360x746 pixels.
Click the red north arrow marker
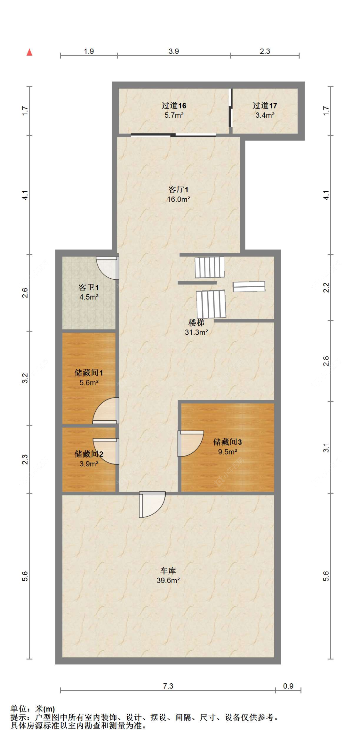pyautogui.click(x=29, y=52)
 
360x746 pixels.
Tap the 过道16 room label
pyautogui.click(x=173, y=105)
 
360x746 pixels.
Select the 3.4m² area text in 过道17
pyautogui.click(x=265, y=115)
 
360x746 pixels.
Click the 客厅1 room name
pyautogui.click(x=178, y=189)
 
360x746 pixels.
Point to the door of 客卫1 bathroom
pyautogui.click(x=108, y=268)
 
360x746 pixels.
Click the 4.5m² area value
pyautogui.click(x=89, y=297)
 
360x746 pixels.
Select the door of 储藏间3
pyautogui.click(x=190, y=443)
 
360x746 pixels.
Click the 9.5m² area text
pyautogui.click(x=228, y=452)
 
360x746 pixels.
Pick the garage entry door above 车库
pyautogui.click(x=152, y=504)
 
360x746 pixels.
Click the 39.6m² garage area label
pyautogui.click(x=168, y=580)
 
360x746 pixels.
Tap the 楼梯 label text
pyautogui.click(x=196, y=322)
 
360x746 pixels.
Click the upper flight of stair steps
pyautogui.click(x=210, y=267)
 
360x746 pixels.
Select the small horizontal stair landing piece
pyautogui.click(x=249, y=286)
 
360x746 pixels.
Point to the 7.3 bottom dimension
pyautogui.click(x=168, y=686)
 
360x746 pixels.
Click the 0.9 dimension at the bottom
pyautogui.click(x=288, y=686)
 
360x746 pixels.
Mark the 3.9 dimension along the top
pyautogui.click(x=174, y=51)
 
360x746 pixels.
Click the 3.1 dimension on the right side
pyautogui.click(x=326, y=447)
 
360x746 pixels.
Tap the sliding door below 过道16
pyautogui.click(x=173, y=135)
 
